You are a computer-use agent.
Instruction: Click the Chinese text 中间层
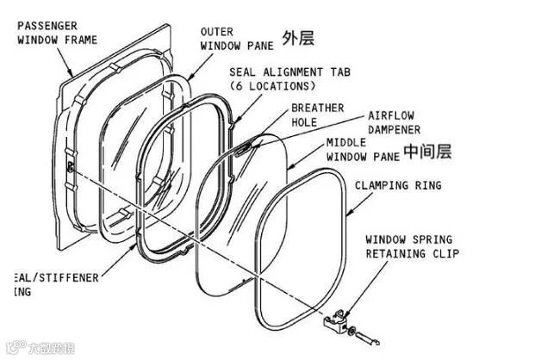tap(427, 152)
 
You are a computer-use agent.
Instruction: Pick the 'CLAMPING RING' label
tap(398, 185)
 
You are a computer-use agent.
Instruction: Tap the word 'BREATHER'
tap(317, 109)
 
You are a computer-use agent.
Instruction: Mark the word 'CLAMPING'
tap(383, 185)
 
